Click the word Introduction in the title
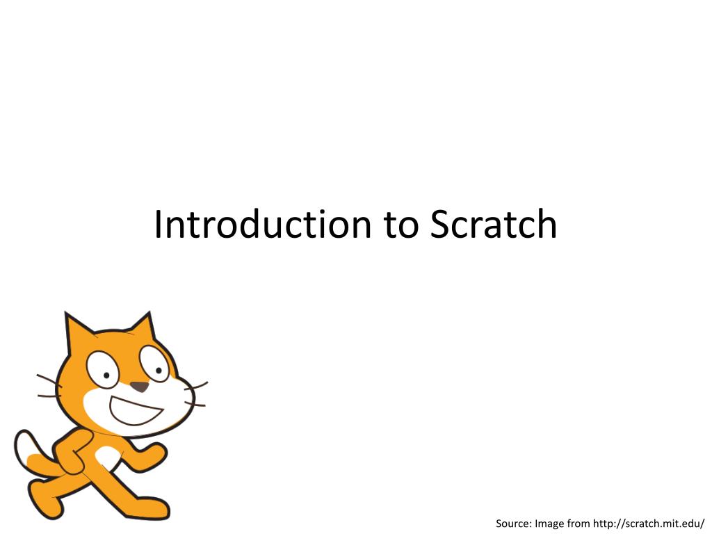(263, 225)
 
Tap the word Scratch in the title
(493, 225)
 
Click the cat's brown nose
(140, 387)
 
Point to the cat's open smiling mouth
(135, 411)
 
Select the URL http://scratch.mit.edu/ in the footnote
(649, 524)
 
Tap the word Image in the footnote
(549, 524)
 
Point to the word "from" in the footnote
(578, 524)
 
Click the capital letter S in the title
(439, 225)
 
